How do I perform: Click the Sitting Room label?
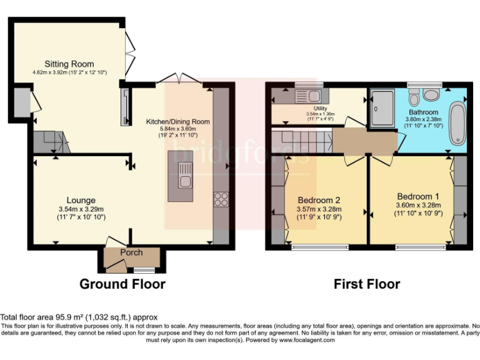69,64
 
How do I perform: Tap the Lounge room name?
81,201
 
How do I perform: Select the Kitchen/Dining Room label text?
177,121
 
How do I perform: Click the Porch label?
131,252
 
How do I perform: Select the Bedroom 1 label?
418,194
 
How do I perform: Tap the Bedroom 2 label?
323,200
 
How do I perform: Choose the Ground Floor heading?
122,284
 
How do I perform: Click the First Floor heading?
366,284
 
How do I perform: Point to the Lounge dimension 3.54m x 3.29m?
81,209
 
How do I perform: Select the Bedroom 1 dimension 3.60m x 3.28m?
418,204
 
